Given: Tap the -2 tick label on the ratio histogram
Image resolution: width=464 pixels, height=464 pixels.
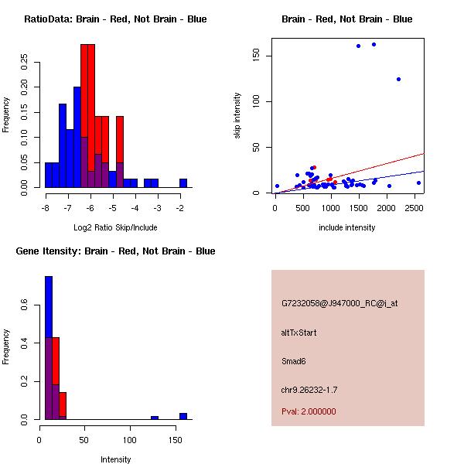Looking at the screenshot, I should [183, 208].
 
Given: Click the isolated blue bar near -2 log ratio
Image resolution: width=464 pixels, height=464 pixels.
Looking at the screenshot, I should [183, 183].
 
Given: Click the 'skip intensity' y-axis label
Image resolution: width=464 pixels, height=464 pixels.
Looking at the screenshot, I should [237, 116].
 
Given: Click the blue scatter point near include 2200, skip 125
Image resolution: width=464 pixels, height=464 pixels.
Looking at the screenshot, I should [398, 79].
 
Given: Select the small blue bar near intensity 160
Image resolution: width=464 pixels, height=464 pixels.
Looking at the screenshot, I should [183, 416].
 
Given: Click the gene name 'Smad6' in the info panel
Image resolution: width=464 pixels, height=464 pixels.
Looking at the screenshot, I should [294, 360].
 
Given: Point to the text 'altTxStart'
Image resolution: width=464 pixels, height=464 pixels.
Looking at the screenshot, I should [299, 333].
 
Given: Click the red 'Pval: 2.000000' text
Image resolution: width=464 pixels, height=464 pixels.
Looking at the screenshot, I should [309, 411].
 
